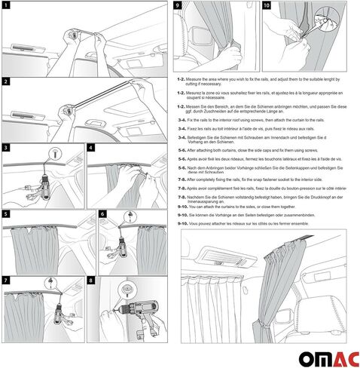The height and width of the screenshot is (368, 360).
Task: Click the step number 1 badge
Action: click(x=5, y=6)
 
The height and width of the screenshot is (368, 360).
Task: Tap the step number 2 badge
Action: click(x=5, y=81)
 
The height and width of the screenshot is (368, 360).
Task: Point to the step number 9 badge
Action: click(x=178, y=5)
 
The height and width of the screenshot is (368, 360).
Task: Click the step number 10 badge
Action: click(x=266, y=5)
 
